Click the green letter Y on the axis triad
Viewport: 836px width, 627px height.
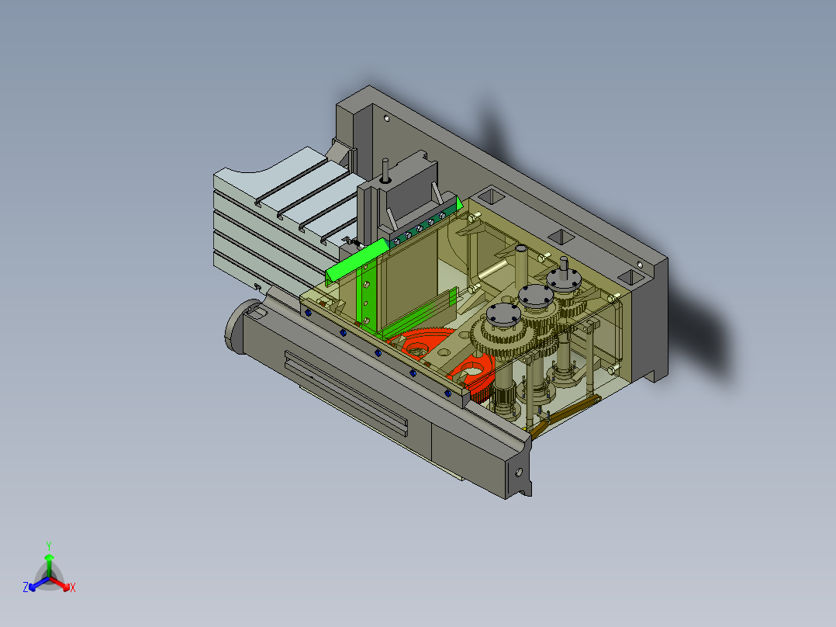(x=49, y=545)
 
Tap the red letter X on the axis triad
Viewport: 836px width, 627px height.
(x=72, y=588)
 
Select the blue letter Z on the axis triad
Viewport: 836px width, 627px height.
(x=26, y=588)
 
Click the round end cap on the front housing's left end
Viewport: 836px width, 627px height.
(x=235, y=329)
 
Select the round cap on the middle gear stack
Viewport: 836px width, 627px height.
(x=534, y=295)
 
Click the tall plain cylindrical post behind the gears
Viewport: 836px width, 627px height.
(x=521, y=264)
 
